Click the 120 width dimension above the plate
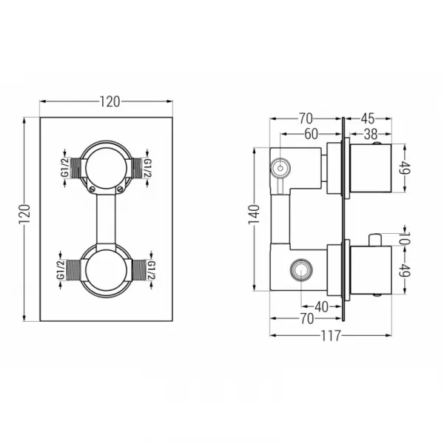tap(110, 101)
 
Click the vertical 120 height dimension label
tap(24, 214)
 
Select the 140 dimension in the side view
tap(254, 215)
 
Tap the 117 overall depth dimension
tap(331, 336)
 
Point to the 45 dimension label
tap(368, 118)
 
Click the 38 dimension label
tap(371, 134)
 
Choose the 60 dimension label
tap(312, 134)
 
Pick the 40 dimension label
tap(321, 306)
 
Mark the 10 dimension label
tap(406, 238)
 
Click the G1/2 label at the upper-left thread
tap(65, 168)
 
